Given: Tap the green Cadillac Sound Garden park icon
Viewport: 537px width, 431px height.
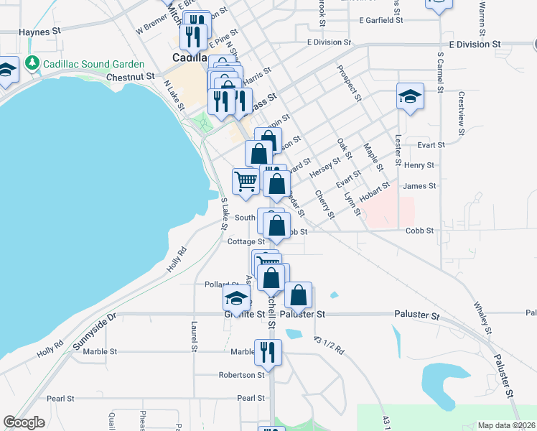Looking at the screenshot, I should click(32, 63).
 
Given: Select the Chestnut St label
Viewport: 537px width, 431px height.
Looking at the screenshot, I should click(130, 76).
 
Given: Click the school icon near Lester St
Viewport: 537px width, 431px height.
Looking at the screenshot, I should click(410, 96).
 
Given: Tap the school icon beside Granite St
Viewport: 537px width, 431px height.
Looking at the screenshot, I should click(236, 298).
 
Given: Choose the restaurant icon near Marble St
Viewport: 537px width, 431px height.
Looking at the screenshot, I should click(268, 352).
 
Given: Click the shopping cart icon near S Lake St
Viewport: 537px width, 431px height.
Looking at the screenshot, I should click(246, 182).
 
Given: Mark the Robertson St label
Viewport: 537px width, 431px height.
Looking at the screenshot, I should click(242, 375).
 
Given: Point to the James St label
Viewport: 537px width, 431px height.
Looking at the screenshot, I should click(419, 186).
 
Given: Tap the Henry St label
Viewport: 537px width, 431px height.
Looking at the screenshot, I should click(419, 165).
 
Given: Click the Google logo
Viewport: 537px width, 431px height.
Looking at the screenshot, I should click(24, 422).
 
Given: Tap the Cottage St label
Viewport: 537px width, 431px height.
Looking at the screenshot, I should click(246, 242).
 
